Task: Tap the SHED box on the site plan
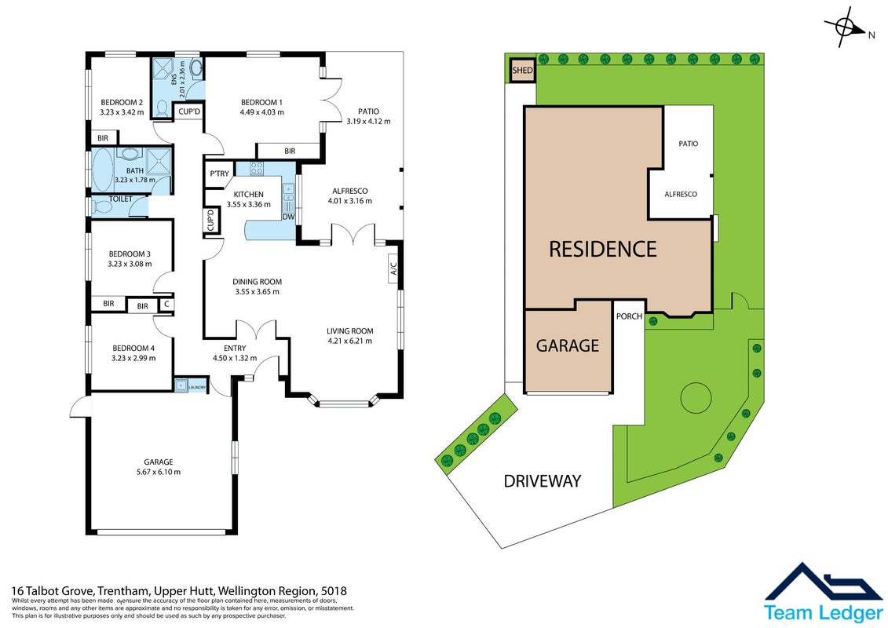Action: click(x=522, y=70)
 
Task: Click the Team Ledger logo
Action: click(x=824, y=593)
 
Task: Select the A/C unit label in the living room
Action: click(x=393, y=268)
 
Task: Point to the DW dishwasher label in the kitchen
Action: click(x=288, y=217)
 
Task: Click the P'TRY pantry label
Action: click(x=219, y=173)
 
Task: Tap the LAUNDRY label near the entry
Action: click(x=198, y=387)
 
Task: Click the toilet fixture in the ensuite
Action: click(x=162, y=107)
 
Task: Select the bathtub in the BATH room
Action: click(x=103, y=170)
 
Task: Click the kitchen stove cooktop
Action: click(x=257, y=168)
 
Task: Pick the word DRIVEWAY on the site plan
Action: click(x=543, y=480)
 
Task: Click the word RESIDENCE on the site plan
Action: click(x=602, y=249)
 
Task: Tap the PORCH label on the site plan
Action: click(x=629, y=316)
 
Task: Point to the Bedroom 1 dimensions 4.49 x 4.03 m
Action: click(x=262, y=112)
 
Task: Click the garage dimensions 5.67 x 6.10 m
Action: click(x=159, y=472)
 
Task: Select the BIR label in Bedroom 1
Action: click(x=290, y=151)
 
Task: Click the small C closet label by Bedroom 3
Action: click(x=166, y=304)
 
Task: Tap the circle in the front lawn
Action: click(x=696, y=397)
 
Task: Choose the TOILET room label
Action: click(x=121, y=199)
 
